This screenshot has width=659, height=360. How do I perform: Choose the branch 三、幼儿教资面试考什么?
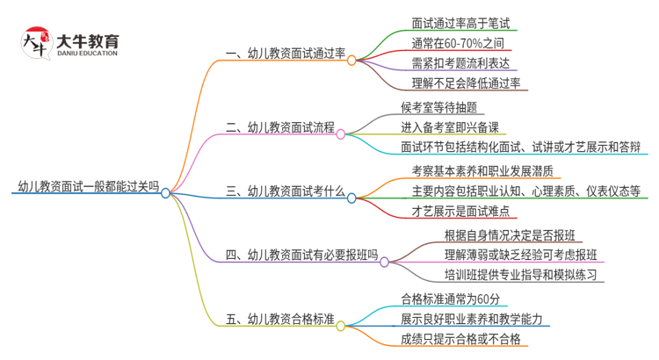coord(285,190)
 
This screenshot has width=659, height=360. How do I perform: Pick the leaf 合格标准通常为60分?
coord(449,298)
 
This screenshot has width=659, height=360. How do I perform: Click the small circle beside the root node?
coord(166,191)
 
